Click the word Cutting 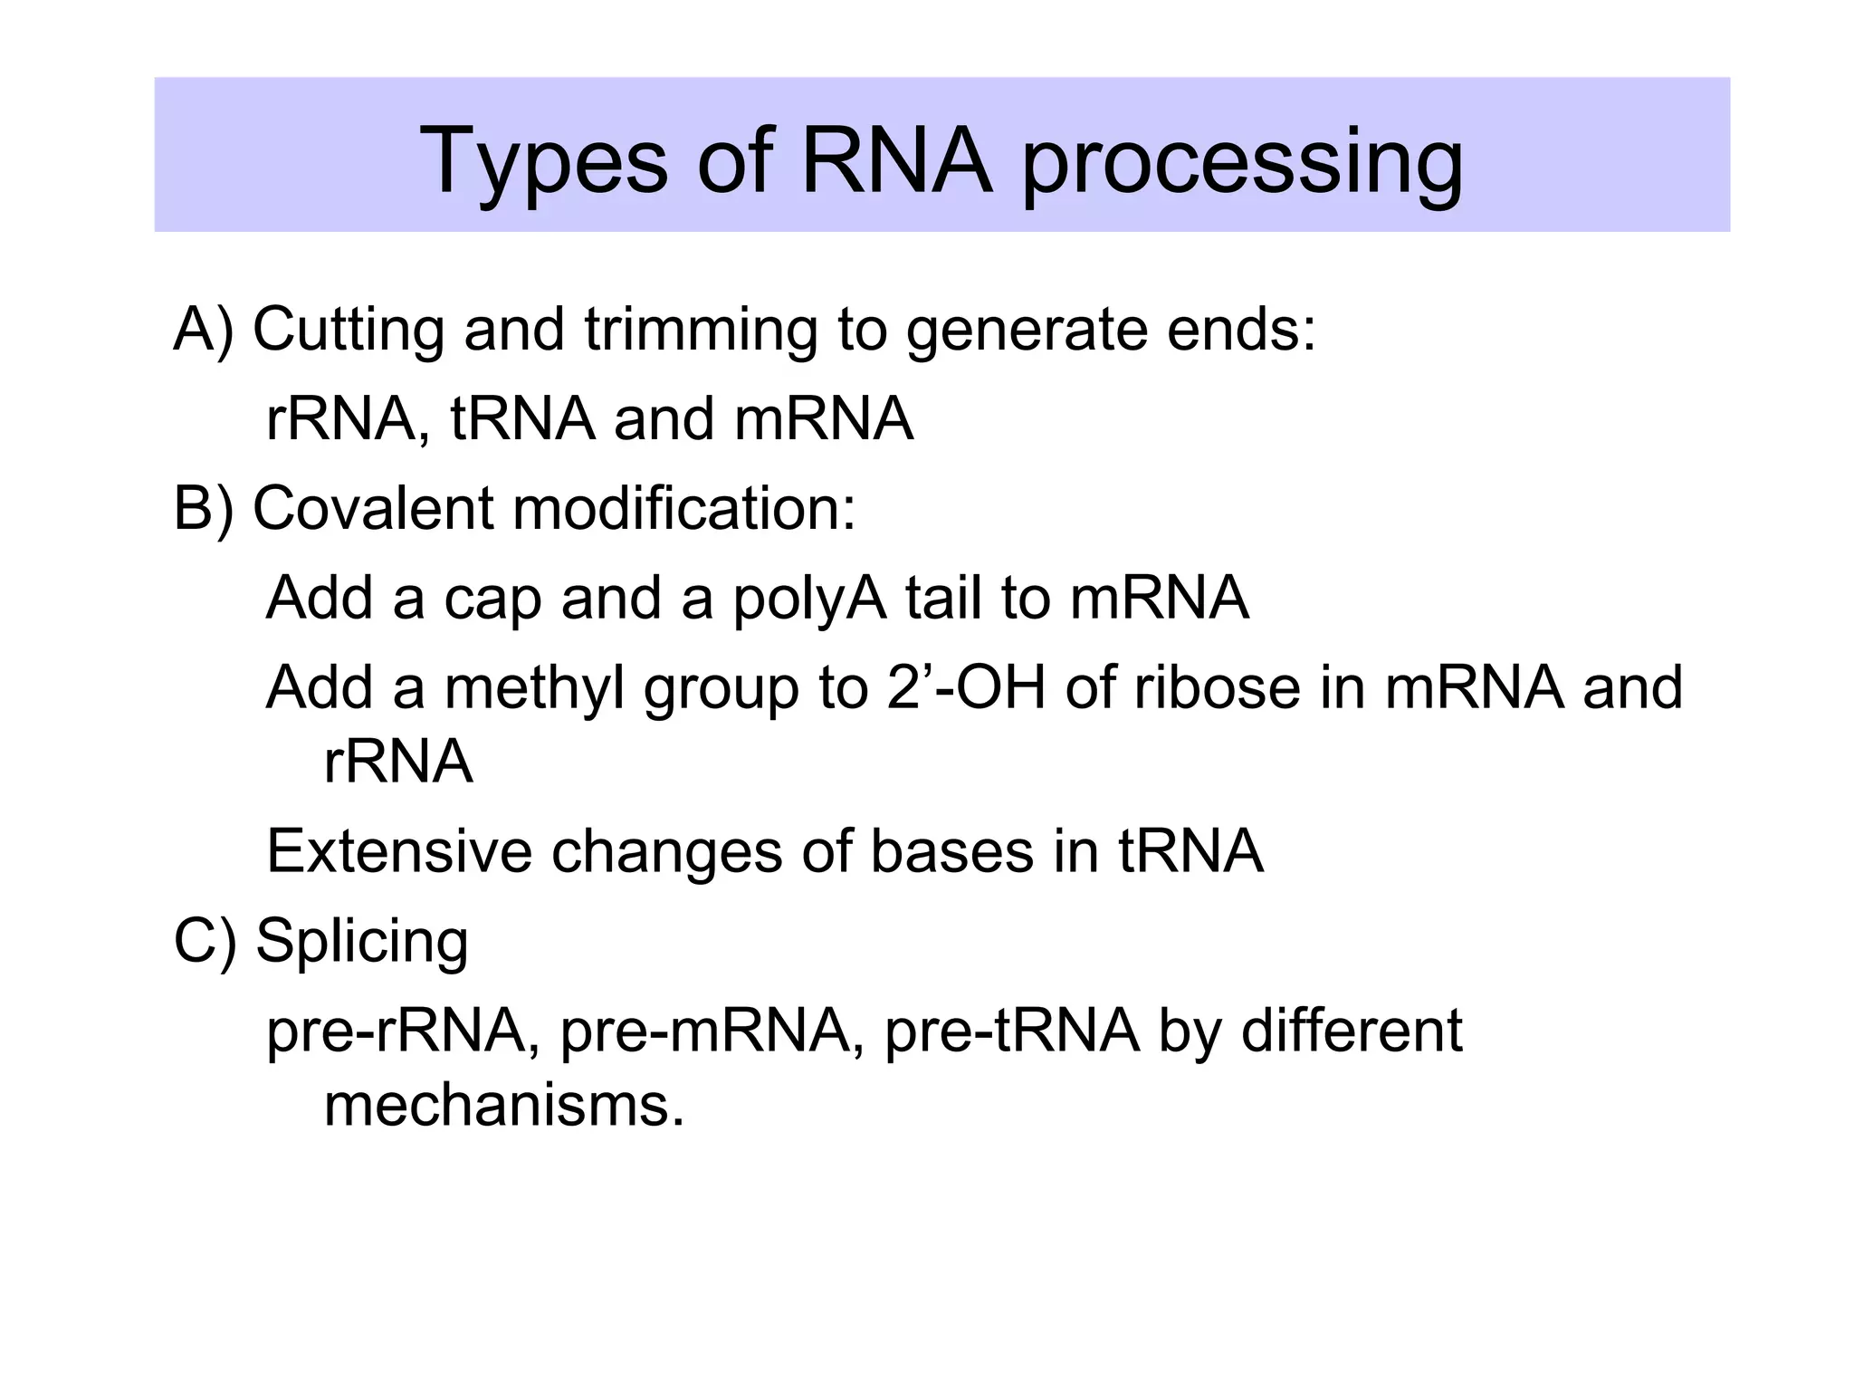click(349, 330)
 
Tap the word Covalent click(372, 509)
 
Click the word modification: click(683, 509)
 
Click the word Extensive click(398, 852)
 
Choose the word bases click(951, 852)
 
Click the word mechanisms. click(503, 1107)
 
